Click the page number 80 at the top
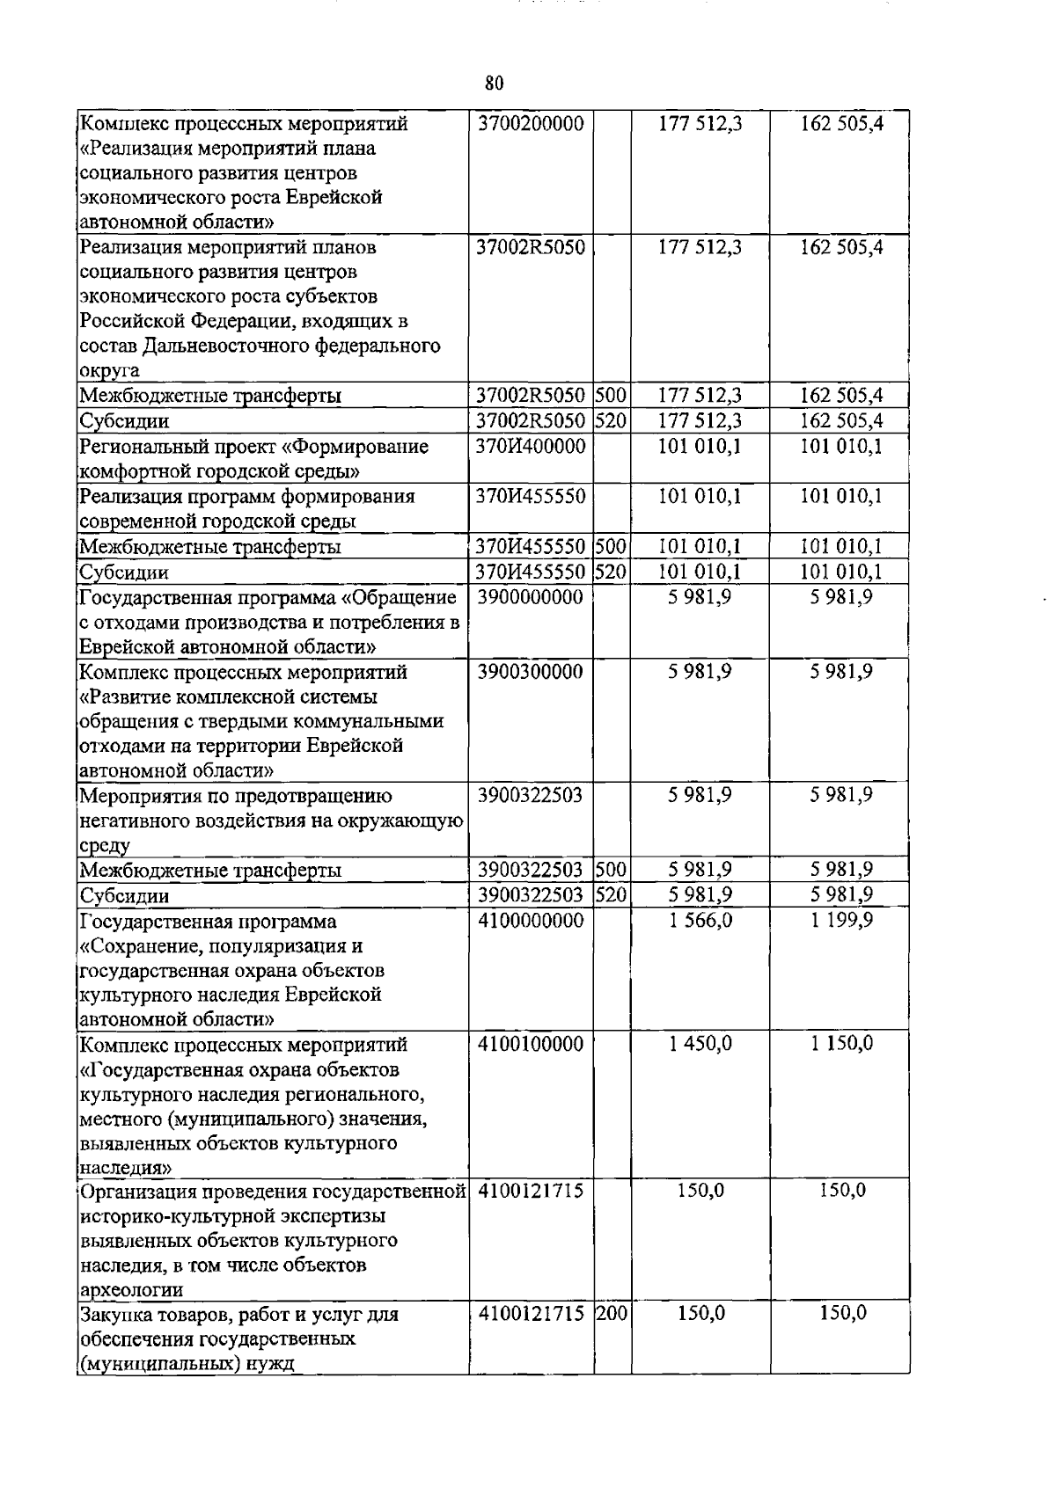coord(494,84)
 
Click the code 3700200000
coord(531,124)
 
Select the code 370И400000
coord(531,446)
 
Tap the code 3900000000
coord(531,597)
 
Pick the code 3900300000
coord(531,672)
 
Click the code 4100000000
coord(531,921)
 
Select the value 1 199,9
coord(841,921)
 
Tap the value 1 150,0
coord(841,1044)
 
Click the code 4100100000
coord(531,1044)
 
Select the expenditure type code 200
coord(612,1314)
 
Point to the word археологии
coord(131,1290)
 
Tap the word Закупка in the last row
coord(115,1315)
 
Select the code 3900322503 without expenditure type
coord(531,796)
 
